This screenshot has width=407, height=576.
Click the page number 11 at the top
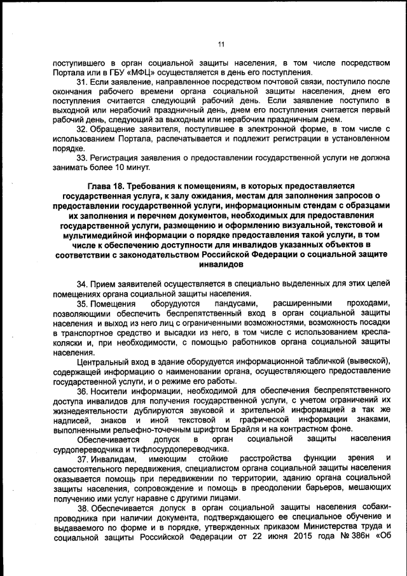[x=221, y=44]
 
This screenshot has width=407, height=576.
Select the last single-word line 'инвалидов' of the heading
[x=221, y=263]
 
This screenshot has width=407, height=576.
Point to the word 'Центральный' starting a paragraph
[x=102, y=362]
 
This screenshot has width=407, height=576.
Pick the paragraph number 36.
[x=83, y=391]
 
